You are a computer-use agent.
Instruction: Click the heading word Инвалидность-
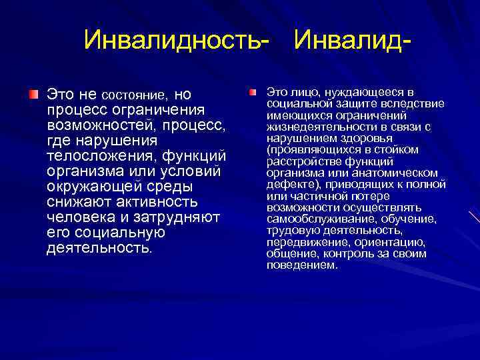(x=177, y=40)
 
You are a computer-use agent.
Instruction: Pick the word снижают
(x=75, y=201)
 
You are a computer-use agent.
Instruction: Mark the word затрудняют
(x=178, y=217)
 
